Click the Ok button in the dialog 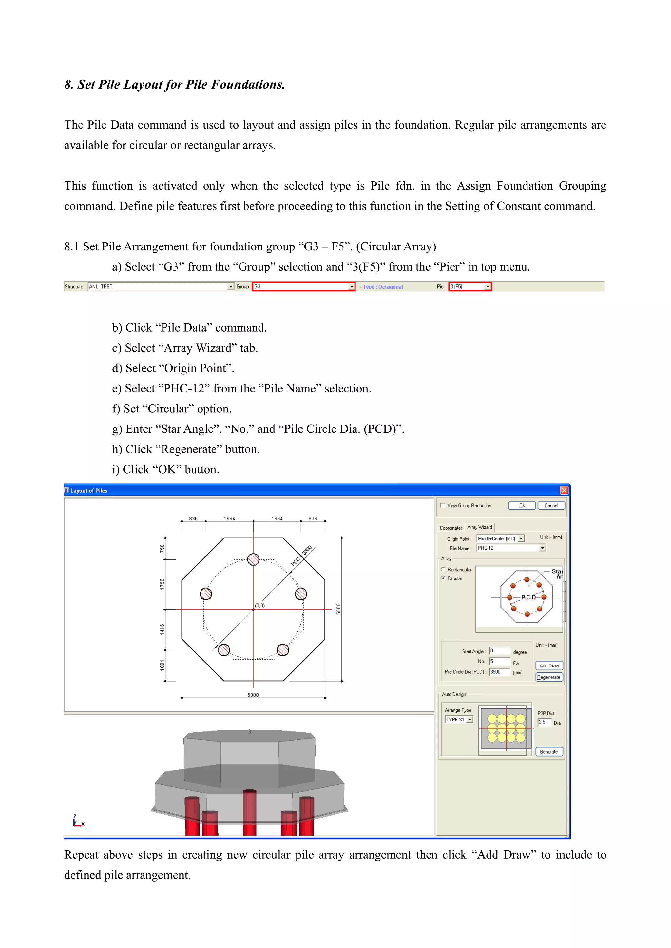(522, 505)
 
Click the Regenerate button (549, 677)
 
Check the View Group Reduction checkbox (443, 505)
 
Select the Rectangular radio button (443, 569)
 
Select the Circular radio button (443, 578)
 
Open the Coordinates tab (451, 528)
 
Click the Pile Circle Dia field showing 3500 (499, 672)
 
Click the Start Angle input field (499, 651)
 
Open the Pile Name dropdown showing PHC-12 (543, 548)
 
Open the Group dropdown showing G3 (352, 286)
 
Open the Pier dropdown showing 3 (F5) (488, 286)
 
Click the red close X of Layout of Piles (564, 490)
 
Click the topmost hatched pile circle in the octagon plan (253, 559)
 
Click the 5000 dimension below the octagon (253, 695)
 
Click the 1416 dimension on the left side (162, 629)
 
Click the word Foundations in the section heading (248, 85)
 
